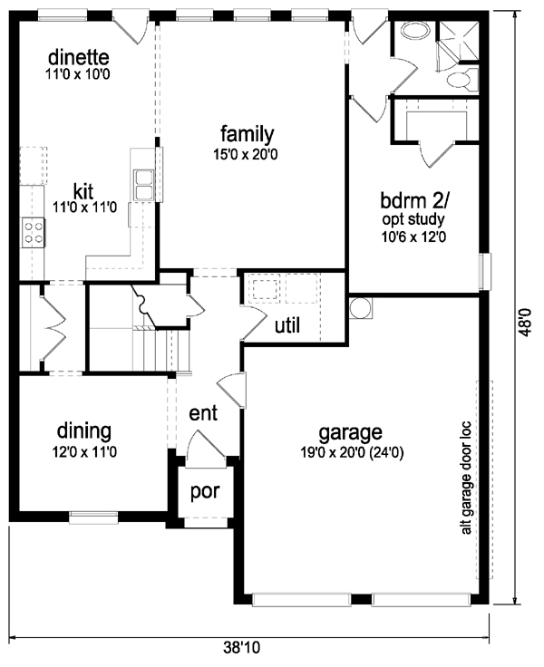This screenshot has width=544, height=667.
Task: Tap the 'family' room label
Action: (247, 135)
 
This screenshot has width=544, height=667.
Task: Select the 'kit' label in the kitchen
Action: (83, 191)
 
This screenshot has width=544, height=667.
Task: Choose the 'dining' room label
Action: (83, 430)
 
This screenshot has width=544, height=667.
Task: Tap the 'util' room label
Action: (287, 325)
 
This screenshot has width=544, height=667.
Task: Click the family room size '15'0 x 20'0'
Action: (247, 154)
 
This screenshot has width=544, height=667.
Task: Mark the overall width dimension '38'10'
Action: (243, 648)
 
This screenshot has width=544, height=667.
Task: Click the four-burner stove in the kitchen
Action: (33, 232)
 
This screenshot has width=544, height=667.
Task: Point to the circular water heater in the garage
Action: (360, 308)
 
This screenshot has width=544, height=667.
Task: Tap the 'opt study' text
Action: (415, 218)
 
